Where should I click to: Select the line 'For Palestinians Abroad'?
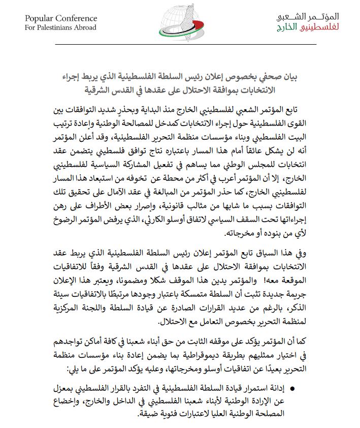tap(60, 27)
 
